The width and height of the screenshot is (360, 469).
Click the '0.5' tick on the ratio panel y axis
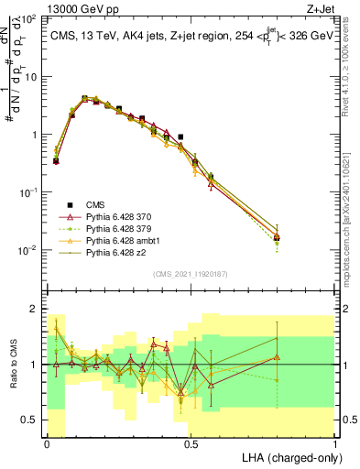32,420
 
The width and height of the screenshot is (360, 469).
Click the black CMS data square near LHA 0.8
277,237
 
